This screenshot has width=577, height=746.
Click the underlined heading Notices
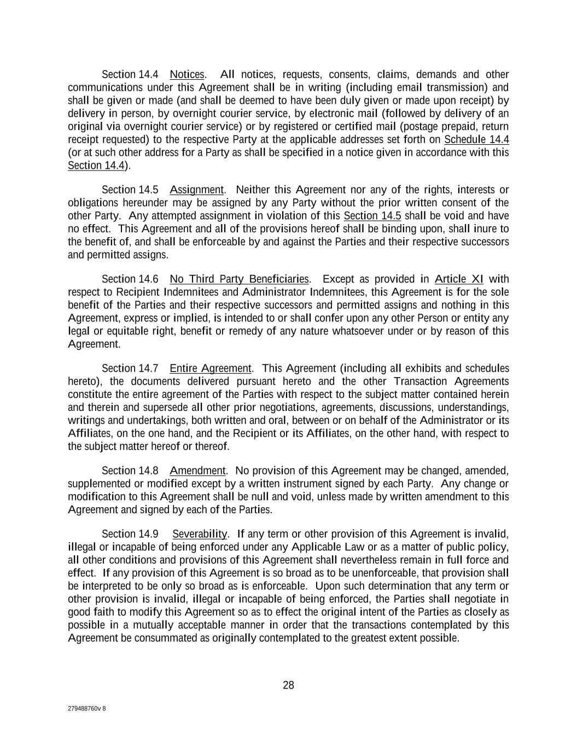coord(187,74)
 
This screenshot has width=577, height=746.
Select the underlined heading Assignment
coord(196,190)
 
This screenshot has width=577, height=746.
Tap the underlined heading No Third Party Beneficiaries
coord(239,279)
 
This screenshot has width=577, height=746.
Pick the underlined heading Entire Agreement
coord(211,368)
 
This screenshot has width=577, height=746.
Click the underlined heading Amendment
coord(197,471)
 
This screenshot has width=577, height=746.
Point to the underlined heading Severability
coord(200,534)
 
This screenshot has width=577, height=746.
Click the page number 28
coord(288,685)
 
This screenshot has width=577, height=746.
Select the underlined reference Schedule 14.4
coord(476,139)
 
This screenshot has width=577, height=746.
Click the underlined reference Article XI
coord(459,279)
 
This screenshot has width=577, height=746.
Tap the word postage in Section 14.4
coord(419,126)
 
